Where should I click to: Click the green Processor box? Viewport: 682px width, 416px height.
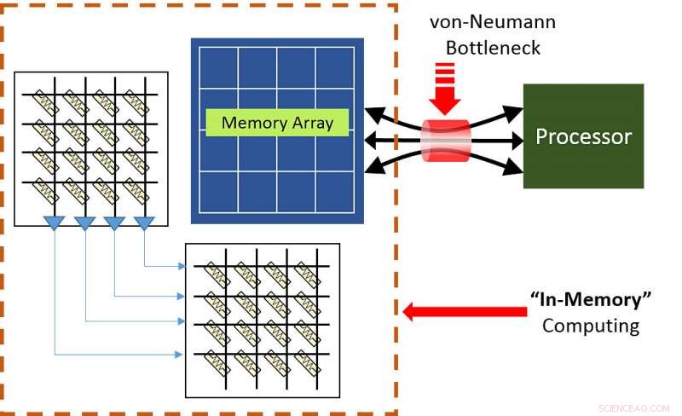point(583,136)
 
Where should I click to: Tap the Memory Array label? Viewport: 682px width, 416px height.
point(277,123)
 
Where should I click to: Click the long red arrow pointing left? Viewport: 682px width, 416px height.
point(465,312)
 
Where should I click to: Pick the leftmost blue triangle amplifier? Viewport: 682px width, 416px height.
point(55,223)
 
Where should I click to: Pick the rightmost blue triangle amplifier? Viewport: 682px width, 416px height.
point(144,223)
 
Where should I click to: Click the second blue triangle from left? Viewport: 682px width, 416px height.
point(84,223)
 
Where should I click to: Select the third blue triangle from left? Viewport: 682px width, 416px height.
point(114,223)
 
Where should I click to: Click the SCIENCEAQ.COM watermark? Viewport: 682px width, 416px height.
point(632,407)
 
